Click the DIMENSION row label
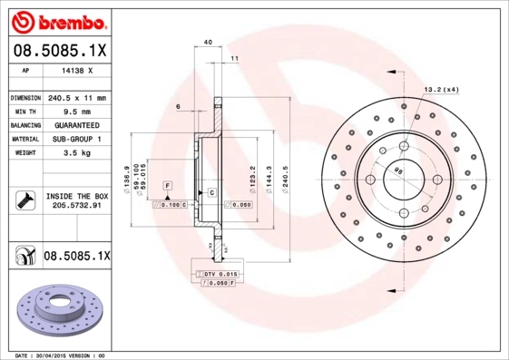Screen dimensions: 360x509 (x=25, y=97)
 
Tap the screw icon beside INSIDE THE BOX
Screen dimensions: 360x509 (x=24, y=200)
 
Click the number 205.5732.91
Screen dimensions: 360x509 (x=76, y=207)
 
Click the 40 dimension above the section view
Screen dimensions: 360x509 (x=208, y=43)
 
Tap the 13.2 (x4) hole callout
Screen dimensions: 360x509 (x=442, y=89)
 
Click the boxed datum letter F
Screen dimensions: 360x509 (x=168, y=185)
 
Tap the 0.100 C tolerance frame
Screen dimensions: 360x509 (x=169, y=206)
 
